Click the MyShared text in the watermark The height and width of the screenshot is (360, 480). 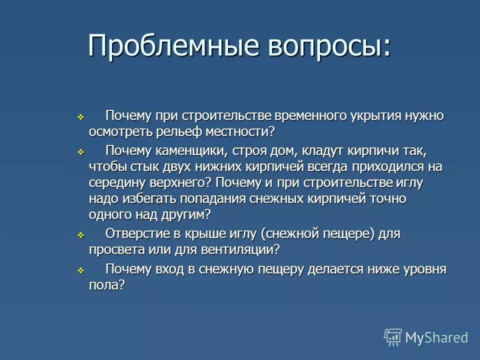pos(436,337)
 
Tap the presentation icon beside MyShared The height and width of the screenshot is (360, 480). pos(393,337)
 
